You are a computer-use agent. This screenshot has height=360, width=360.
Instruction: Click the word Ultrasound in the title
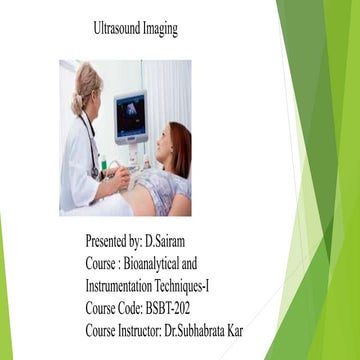click(116, 29)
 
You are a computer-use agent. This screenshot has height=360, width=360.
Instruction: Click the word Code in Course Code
click(139, 308)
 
